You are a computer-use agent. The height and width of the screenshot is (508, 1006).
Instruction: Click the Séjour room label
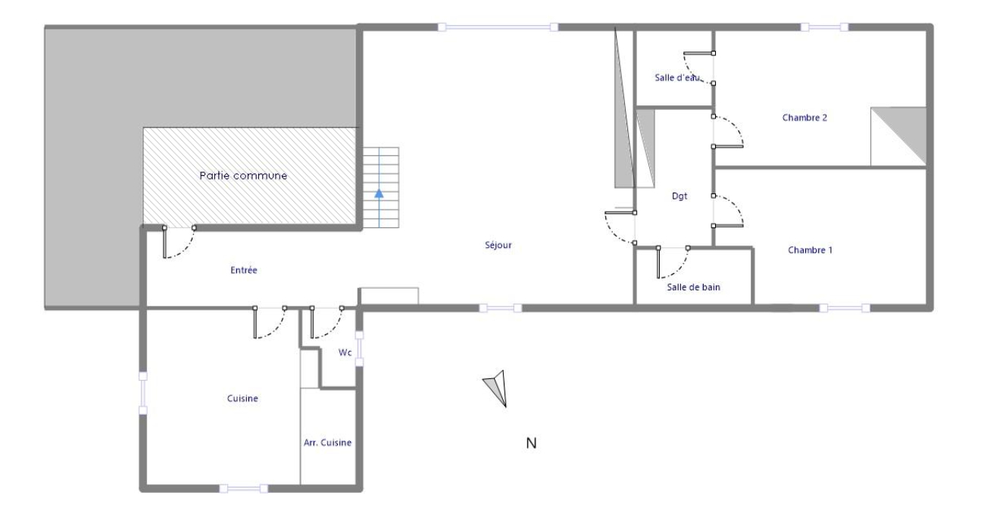[x=498, y=245]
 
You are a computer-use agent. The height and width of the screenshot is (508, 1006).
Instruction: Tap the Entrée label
[x=244, y=270]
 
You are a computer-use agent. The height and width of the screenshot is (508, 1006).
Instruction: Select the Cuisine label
[x=242, y=398]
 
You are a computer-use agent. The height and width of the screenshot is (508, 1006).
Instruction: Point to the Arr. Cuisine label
[x=327, y=443]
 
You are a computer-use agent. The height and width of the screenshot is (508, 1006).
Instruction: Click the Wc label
[x=345, y=353]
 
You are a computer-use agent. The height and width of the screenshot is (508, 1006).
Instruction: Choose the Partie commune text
[x=243, y=176]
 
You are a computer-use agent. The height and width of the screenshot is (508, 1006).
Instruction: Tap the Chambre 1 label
[x=811, y=250]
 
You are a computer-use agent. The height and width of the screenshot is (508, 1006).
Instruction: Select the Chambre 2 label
[x=804, y=118]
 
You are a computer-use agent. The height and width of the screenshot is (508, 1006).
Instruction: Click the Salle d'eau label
[x=677, y=78]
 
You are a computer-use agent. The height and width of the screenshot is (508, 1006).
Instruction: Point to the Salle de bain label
[x=693, y=287]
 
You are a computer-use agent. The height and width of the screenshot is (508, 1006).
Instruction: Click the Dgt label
[x=680, y=196]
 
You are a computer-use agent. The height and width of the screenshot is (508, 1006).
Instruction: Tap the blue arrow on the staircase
[x=379, y=194]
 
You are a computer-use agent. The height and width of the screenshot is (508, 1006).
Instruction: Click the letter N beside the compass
[x=531, y=444]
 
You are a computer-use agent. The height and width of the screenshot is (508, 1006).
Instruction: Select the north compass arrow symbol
[x=497, y=388]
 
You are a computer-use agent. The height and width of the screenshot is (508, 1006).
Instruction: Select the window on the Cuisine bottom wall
[x=243, y=489]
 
